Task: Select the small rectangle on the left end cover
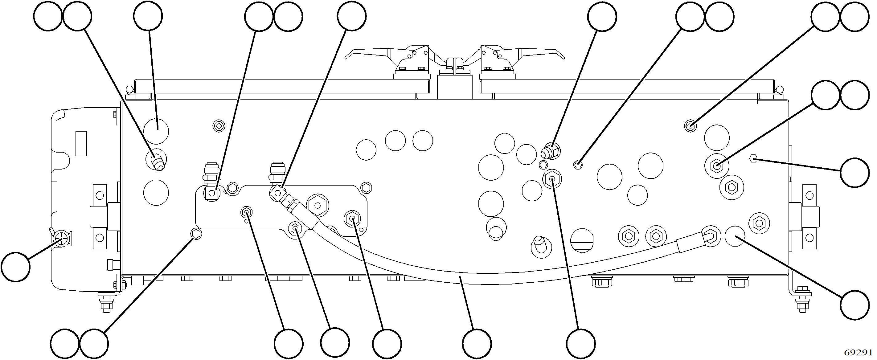(81, 144)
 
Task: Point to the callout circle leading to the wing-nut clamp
(15, 267)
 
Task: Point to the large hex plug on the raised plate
(317, 205)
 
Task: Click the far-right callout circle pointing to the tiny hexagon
(855, 172)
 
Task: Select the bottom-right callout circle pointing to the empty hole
(855, 305)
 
